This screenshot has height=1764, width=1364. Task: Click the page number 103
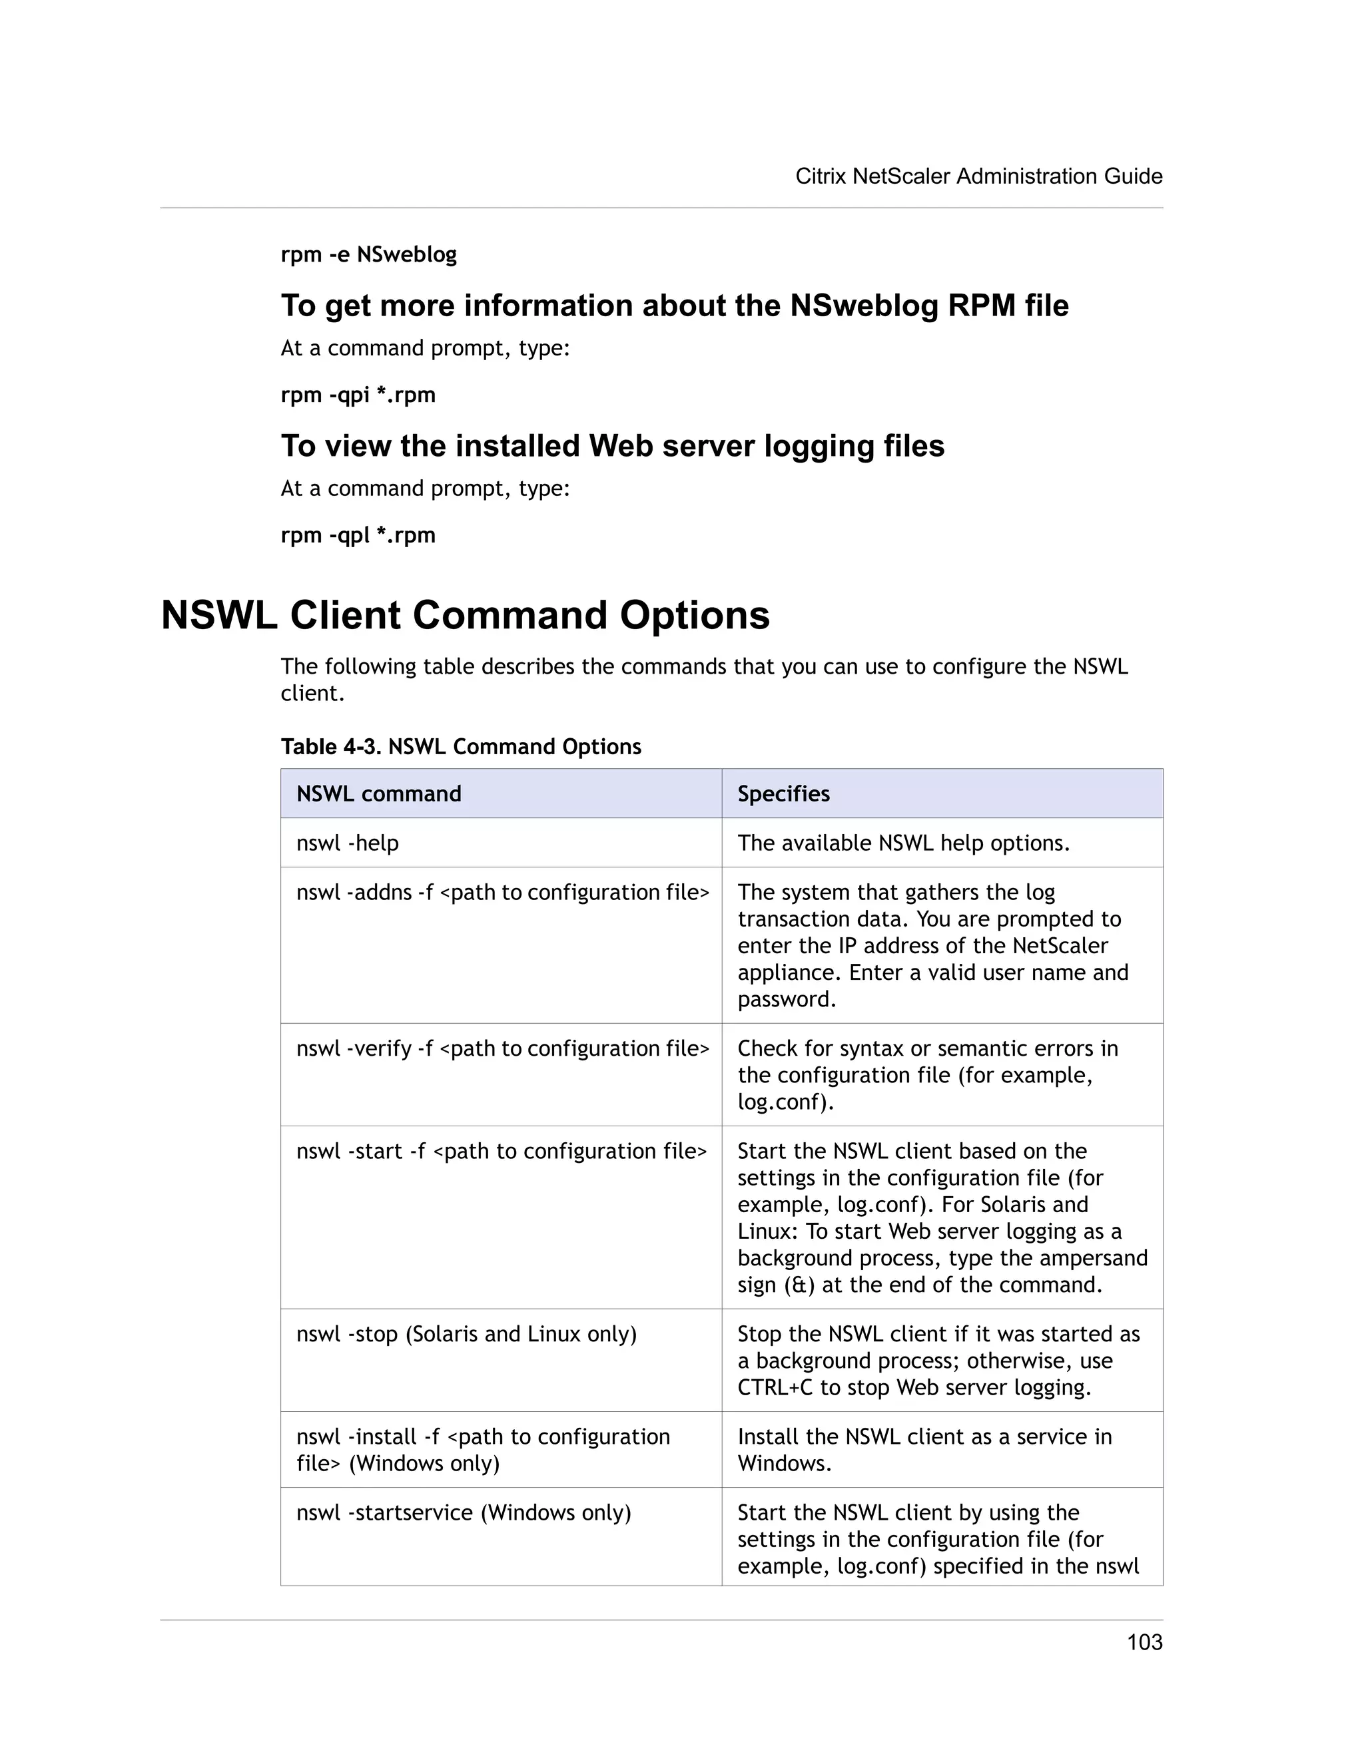(1144, 1642)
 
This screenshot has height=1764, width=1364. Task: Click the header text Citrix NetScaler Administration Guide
(978, 176)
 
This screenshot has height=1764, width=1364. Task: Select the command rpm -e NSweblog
(368, 254)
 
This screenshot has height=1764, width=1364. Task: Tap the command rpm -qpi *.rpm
(358, 395)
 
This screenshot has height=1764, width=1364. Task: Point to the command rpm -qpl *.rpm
(358, 535)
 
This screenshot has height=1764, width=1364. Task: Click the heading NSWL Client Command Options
(466, 616)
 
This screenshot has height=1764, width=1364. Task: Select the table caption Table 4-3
(461, 746)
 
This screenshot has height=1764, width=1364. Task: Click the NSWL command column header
(379, 794)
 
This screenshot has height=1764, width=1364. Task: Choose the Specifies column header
(783, 794)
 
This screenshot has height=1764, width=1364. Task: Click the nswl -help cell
(348, 843)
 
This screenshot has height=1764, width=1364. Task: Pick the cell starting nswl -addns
(503, 893)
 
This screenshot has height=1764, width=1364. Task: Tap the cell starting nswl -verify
(503, 1048)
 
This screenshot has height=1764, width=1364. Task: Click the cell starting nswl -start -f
(501, 1151)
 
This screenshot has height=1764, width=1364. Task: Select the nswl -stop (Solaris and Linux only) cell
(466, 1334)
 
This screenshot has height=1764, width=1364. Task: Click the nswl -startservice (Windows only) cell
(463, 1513)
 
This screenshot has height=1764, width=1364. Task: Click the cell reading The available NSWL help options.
(903, 843)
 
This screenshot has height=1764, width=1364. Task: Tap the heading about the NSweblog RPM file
(674, 306)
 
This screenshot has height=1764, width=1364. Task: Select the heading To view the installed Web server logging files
(613, 447)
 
